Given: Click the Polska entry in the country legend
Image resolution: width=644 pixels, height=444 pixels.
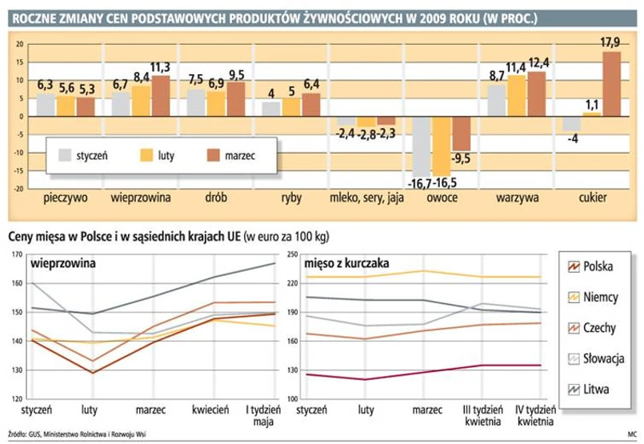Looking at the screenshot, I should (598, 266).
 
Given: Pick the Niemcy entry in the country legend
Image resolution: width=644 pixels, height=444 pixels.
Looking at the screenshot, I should (600, 298).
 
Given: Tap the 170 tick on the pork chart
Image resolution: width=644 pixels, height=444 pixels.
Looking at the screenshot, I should (16, 254).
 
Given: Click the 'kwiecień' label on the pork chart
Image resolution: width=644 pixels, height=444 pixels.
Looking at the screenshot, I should (211, 410).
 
